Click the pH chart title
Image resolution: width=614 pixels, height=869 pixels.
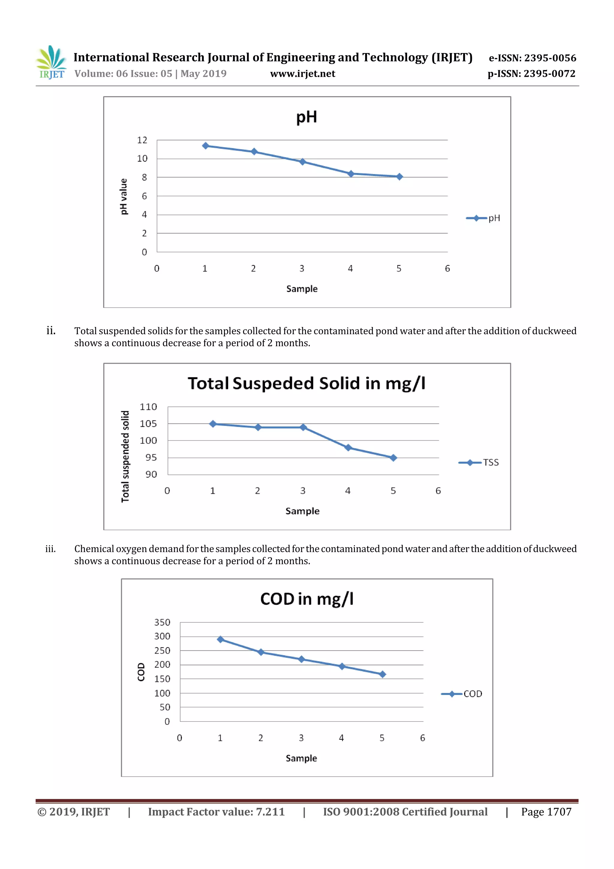tap(306, 117)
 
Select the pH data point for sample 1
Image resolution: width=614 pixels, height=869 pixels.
tap(205, 146)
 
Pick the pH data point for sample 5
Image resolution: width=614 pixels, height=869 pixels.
tap(400, 177)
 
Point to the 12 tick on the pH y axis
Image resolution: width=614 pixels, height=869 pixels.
tap(142, 140)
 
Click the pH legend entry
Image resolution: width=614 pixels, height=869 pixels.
tap(484, 218)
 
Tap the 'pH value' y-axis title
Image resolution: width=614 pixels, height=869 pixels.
tap(123, 196)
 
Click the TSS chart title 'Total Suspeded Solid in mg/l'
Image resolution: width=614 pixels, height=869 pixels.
tap(306, 383)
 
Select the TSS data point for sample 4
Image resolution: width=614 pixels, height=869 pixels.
tap(348, 448)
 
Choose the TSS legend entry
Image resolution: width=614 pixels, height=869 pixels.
tap(479, 463)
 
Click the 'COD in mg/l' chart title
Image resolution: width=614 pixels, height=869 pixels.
tap(306, 599)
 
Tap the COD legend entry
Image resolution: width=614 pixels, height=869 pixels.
tap(462, 694)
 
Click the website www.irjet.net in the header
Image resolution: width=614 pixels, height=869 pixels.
tap(302, 73)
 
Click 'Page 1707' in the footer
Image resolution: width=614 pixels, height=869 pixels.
tap(546, 812)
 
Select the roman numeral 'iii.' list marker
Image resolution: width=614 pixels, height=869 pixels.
tap(51, 549)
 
